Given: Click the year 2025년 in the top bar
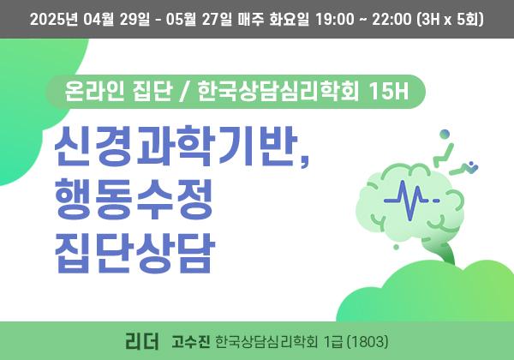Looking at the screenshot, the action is coord(54,20).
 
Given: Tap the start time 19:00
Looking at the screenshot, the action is coord(335,20).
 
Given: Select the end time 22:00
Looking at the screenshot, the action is coord(391,20).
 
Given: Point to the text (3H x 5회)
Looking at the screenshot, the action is coord(450,20).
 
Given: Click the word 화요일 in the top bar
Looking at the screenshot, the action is coord(290,20).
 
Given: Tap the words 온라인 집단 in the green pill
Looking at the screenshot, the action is coord(118,91).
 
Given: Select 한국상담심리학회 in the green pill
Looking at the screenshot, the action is coord(278,91).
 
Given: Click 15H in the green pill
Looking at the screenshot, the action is coord(389,91).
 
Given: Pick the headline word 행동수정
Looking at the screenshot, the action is coord(134,200).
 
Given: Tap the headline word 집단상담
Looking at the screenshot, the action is coord(134,253).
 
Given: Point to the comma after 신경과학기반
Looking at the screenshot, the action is coord(305,162).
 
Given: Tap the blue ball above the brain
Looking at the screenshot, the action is coord(445,135).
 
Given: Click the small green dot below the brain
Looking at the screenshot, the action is coord(396,247).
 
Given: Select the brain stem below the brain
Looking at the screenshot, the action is coord(443,250).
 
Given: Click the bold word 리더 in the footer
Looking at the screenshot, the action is coord(142,341).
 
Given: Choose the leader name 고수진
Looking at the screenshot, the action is coord(191,342).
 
